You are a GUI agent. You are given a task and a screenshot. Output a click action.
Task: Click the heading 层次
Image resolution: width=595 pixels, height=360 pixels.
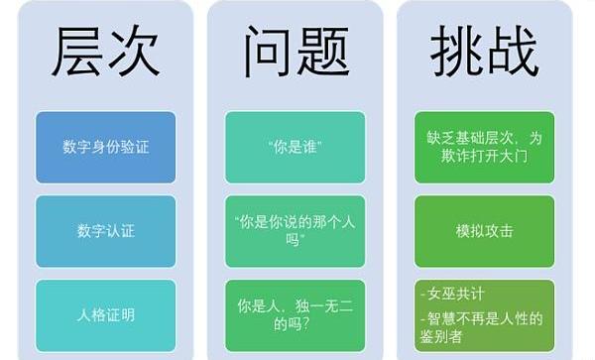[105, 51]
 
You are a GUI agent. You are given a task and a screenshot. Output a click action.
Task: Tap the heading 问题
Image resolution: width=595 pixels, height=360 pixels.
[296, 51]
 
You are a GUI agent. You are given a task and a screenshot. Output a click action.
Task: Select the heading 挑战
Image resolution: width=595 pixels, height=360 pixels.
[484, 51]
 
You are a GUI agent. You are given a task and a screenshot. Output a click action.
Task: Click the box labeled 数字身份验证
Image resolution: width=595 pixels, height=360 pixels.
[105, 147]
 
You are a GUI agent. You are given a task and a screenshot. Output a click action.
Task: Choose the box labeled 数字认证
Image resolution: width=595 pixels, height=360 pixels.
[105, 231]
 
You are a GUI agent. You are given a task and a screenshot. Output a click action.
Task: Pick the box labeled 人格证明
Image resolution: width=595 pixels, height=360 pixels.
[105, 315]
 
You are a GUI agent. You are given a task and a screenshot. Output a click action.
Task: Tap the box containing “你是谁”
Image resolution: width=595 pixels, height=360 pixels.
[295, 147]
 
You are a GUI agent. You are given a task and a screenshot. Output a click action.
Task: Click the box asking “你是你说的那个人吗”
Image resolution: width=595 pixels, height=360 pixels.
[295, 231]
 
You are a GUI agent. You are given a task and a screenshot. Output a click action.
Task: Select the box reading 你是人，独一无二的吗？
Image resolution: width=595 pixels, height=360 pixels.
[295, 315]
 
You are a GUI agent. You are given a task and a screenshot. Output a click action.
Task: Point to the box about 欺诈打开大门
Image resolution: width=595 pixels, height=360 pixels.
[484, 147]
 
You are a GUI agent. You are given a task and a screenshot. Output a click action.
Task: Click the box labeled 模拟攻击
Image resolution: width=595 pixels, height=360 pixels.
[484, 231]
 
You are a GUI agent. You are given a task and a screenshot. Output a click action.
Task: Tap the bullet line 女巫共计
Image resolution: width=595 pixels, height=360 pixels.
[452, 294]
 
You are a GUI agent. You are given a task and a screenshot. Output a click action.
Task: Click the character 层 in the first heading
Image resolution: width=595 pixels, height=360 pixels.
[77, 51]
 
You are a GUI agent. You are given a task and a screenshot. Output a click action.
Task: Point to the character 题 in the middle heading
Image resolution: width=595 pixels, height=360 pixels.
[323, 51]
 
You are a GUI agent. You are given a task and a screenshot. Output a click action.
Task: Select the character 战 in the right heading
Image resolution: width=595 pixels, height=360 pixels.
[513, 51]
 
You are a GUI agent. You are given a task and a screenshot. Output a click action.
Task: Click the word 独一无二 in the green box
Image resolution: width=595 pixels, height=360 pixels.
[325, 306]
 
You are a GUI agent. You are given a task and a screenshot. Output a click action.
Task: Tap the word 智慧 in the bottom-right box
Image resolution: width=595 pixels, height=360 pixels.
[441, 318]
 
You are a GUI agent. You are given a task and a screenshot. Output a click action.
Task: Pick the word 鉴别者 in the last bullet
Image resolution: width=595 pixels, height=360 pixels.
[441, 336]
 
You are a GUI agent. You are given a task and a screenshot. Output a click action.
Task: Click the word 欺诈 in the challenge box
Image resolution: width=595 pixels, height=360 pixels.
[455, 156]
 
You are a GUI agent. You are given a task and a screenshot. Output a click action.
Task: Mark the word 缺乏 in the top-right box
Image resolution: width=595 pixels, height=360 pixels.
[441, 138]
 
